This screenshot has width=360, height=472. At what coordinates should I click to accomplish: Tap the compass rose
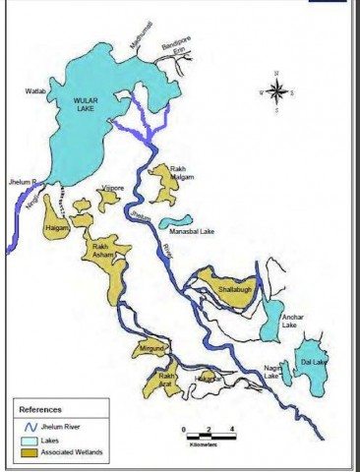click(276, 92)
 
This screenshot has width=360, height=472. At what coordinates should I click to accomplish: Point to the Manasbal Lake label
click(193, 232)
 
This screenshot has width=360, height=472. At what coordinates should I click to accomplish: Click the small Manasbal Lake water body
click(175, 221)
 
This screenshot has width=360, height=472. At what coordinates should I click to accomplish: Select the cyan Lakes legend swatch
click(34, 439)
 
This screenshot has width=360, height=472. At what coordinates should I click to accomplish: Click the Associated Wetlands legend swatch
click(34, 452)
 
